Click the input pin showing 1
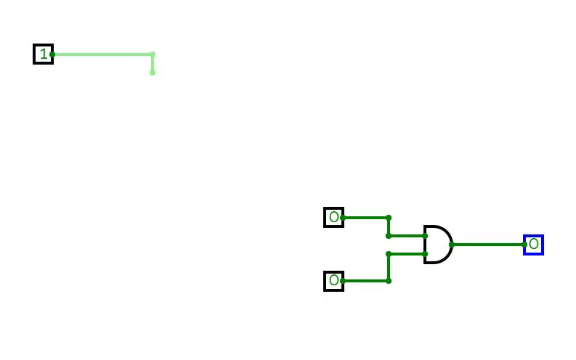click(x=44, y=54)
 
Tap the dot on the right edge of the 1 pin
click(x=52, y=54)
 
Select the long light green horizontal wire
click(x=102, y=54)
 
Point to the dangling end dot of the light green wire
click(x=153, y=73)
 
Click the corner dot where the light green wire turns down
click(x=153, y=54)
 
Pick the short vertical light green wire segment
click(x=153, y=63)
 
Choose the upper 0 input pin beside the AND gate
click(x=333, y=217)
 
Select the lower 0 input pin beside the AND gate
click(x=333, y=281)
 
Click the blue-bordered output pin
click(x=533, y=245)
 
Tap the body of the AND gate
click(x=438, y=245)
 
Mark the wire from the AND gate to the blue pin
click(x=488, y=245)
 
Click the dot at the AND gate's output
click(x=452, y=245)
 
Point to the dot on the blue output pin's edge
click(x=524, y=245)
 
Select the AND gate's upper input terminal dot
click(x=425, y=236)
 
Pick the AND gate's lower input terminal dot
click(x=425, y=253)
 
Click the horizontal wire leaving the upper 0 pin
click(x=365, y=218)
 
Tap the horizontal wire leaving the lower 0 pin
click(x=365, y=281)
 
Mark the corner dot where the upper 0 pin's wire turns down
click(x=389, y=218)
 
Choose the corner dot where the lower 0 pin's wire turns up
click(x=389, y=281)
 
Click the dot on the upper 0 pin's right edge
click(x=343, y=218)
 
